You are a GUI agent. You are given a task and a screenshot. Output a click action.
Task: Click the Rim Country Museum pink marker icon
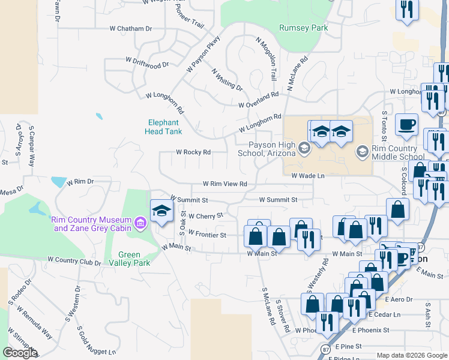pyautogui.click(x=140, y=224)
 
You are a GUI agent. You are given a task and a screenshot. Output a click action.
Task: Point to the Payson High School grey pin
pyautogui.click(x=304, y=149)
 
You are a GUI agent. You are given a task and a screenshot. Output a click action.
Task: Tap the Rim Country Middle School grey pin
pyautogui.click(x=363, y=152)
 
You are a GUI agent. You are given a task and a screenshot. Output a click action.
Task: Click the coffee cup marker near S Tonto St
pyautogui.click(x=406, y=124)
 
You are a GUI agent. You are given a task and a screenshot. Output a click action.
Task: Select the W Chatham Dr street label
pyautogui.click(x=131, y=28)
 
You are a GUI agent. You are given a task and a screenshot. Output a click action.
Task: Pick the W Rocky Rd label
pyautogui.click(x=193, y=152)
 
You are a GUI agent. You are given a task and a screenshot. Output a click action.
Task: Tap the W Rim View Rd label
pyautogui.click(x=225, y=184)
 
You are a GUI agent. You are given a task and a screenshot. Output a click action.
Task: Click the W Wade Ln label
pyautogui.click(x=308, y=176)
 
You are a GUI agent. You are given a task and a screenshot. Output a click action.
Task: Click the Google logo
pyautogui.click(x=20, y=353)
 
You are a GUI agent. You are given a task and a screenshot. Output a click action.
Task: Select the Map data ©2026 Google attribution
pyautogui.click(x=412, y=355)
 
